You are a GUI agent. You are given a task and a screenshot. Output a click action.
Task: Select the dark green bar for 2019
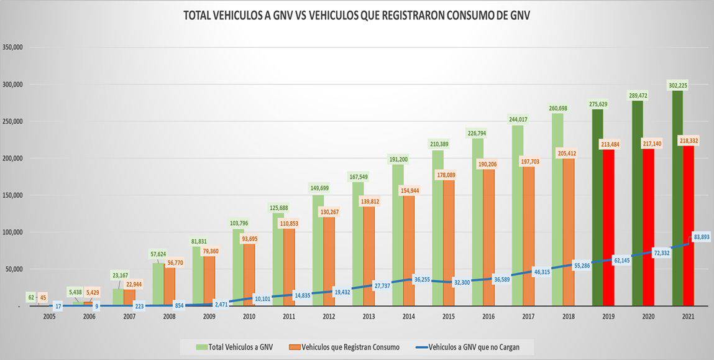tap(598, 205)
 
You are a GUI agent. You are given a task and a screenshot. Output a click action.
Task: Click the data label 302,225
tap(683, 85)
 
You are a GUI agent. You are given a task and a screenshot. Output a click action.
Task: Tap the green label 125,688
tap(278, 208)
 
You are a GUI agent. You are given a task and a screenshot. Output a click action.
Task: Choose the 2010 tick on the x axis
tap(249, 316)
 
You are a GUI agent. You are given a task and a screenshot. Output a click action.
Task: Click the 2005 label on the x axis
tap(49, 316)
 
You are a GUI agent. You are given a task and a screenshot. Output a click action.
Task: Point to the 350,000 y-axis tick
tap(13, 47)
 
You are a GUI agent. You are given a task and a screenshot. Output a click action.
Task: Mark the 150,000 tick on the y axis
tap(13, 195)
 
